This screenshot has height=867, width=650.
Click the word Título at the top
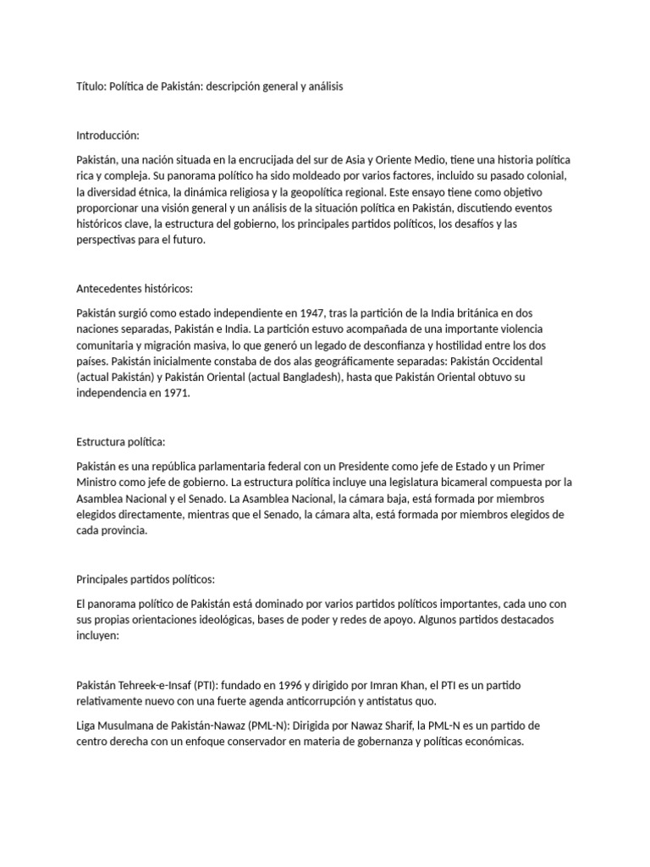pos(91,86)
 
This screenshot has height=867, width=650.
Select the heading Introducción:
pos(107,135)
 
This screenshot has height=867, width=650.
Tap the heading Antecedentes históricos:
pos(135,289)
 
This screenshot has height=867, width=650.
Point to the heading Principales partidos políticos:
pos(146,579)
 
